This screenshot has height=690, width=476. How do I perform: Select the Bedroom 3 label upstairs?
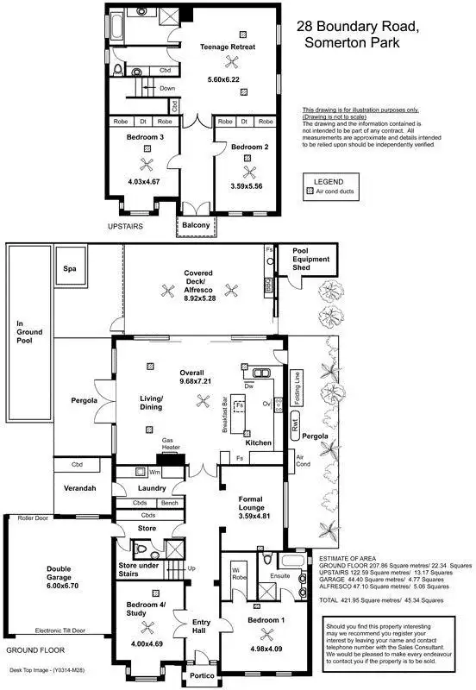[146, 136]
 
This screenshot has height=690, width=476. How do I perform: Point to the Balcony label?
[197, 225]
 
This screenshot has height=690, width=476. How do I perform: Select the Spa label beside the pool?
[70, 269]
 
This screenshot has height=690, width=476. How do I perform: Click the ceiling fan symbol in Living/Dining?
[204, 399]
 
